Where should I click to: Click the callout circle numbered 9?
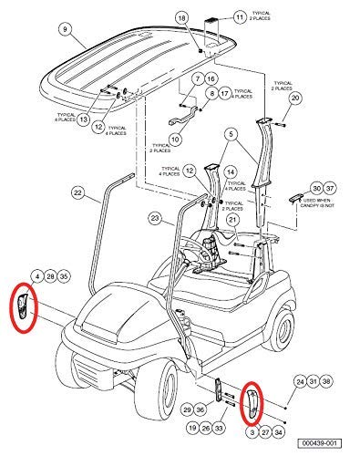[x=64, y=30]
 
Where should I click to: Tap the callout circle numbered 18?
[x=180, y=18]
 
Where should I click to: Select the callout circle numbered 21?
[x=233, y=220]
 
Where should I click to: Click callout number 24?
[x=299, y=381]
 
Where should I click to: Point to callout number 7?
[x=195, y=79]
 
